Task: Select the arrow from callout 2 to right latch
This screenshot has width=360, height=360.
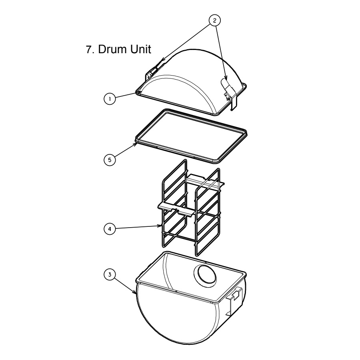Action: pos(222,52)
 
